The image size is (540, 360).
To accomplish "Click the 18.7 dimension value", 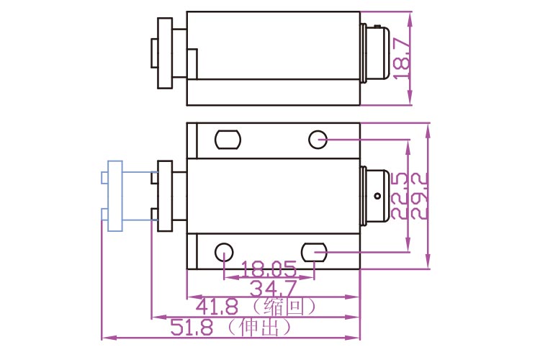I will (401, 58).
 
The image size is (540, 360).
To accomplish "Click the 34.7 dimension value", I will (273, 288).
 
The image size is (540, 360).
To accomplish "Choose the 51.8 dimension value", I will (192, 328).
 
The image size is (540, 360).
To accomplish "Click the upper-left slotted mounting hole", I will (228, 138).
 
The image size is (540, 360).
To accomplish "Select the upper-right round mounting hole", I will (318, 139).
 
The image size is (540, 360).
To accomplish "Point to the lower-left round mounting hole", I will (224, 252).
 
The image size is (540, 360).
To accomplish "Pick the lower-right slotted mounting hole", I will (315, 252).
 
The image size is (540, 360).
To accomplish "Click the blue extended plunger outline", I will (115, 195).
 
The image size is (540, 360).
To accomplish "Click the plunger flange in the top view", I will (165, 54).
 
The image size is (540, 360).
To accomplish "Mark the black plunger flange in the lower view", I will (165, 196).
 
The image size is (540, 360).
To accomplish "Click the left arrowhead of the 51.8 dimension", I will (104, 336).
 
